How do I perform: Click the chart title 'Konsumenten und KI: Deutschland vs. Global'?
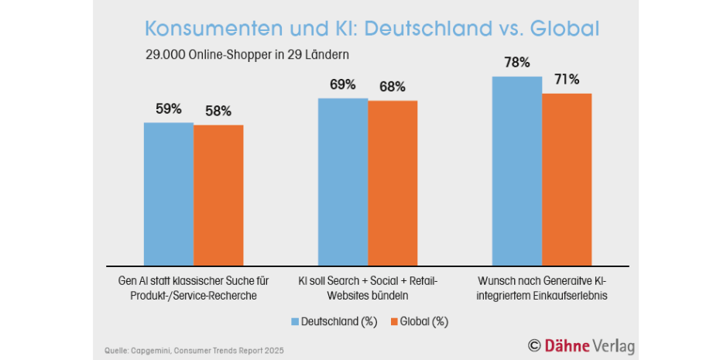point(372,29)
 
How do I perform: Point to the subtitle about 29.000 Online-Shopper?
point(248,55)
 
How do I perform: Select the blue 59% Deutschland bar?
point(169,194)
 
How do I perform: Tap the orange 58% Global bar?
point(218,196)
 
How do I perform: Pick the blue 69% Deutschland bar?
point(343,182)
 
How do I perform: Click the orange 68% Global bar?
point(393,183)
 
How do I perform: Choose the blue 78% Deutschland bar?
point(517,171)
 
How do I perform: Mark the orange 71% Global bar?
point(567,180)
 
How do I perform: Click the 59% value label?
point(169,109)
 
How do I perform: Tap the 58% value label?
point(218,111)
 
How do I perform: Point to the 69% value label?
point(343,85)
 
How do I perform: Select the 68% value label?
point(393,87)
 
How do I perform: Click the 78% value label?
point(517,63)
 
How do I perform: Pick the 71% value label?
point(566,80)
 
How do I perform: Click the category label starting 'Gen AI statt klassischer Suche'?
point(194,288)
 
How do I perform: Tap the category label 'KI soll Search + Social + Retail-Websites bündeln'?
point(368,288)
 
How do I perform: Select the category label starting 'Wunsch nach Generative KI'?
point(542,288)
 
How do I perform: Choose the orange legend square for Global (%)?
point(393,322)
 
